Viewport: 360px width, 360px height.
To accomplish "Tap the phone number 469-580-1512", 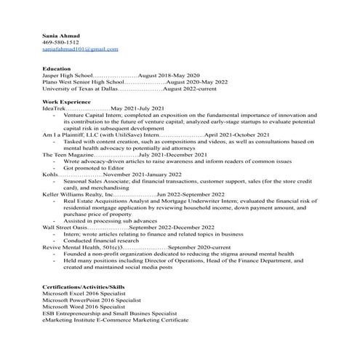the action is pyautogui.click(x=61, y=42).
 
